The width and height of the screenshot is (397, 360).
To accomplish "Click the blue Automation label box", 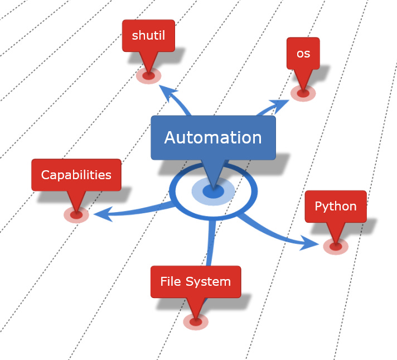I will click(213, 138).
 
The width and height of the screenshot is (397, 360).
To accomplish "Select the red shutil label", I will click(148, 36).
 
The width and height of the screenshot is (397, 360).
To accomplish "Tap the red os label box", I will click(303, 54).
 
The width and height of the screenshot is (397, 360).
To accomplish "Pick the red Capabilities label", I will click(76, 175).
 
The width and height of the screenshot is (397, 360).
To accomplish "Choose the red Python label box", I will click(335, 207).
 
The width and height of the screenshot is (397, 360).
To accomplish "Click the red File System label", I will click(195, 282).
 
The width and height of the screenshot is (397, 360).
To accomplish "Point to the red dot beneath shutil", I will click(148, 75).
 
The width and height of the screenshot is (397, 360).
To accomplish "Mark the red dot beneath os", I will click(303, 93).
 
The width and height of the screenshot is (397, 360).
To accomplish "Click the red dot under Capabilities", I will click(76, 214).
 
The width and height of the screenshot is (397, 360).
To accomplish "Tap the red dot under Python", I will click(336, 246).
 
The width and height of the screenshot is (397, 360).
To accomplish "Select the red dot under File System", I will click(195, 321).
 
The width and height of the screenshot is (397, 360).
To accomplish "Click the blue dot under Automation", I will click(212, 191).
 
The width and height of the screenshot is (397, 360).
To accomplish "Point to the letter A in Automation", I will click(171, 138).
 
